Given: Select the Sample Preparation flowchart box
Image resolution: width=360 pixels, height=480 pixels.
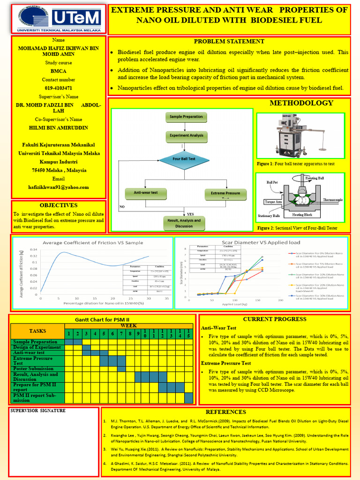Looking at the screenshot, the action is tap(186, 116).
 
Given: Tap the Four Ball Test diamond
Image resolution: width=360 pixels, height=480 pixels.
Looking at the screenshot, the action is tap(184, 159).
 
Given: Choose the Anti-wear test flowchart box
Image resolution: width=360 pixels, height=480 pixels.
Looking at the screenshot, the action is tap(146, 193).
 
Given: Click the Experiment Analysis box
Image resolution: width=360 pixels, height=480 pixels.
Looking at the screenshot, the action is tap(186, 135).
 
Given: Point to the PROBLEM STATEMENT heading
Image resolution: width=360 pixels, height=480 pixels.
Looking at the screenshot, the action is tap(229, 41).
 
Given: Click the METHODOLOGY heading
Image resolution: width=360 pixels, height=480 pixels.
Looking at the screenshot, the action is tap(301, 103).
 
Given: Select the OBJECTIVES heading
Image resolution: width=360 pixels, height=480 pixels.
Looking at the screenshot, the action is tap(59, 205).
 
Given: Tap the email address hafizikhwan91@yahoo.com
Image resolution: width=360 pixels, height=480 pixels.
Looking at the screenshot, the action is tap(59, 187).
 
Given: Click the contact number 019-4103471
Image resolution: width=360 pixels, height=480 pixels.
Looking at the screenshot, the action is tap(59, 88).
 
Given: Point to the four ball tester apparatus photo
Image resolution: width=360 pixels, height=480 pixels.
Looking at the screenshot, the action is tap(300, 136).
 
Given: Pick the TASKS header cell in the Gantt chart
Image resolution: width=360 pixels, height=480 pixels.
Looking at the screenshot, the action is tap(38, 331).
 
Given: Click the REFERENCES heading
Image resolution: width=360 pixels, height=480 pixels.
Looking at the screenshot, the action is tap(226, 412).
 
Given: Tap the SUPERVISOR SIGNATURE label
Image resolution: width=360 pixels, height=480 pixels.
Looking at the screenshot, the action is tap(38, 411).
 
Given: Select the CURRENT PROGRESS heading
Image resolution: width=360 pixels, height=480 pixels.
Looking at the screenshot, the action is tap(274, 319).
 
